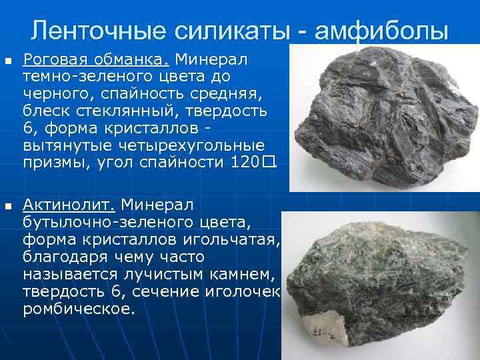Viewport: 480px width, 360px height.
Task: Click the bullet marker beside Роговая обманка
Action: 8,61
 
